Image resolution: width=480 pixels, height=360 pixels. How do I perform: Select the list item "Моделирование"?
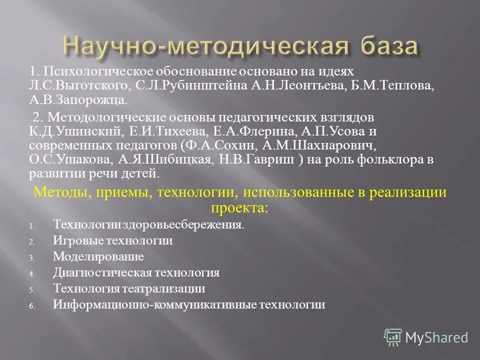point(98,257)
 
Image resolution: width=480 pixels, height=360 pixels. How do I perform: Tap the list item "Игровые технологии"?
point(112,241)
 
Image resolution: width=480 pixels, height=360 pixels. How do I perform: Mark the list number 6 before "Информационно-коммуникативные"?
point(31,306)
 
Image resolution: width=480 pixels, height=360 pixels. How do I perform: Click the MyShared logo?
point(426,337)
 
